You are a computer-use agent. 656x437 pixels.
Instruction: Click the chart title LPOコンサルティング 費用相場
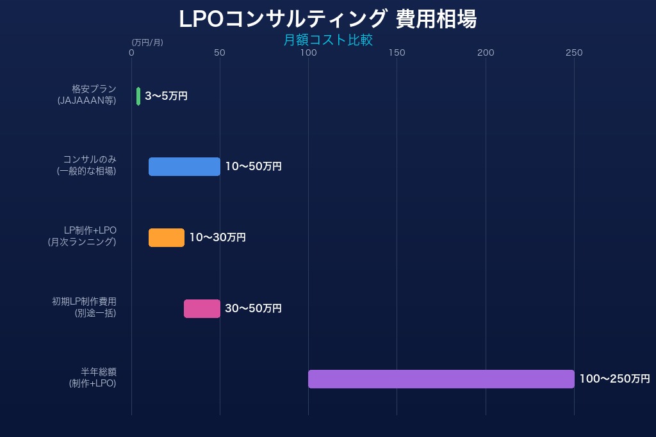(327, 19)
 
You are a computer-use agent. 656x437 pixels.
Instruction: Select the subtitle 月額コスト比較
(327, 40)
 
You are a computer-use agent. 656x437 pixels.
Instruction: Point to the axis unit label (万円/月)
(147, 42)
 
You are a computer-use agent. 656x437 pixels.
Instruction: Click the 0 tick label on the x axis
(131, 52)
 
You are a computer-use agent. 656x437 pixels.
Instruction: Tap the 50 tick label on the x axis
(220, 52)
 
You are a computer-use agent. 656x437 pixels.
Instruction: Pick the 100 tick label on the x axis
(308, 52)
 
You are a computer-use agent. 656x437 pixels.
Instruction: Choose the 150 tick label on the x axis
(397, 52)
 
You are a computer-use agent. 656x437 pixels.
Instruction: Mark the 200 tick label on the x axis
(486, 52)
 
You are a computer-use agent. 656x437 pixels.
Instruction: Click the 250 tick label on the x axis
(574, 52)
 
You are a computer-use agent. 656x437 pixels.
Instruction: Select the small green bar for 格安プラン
(138, 96)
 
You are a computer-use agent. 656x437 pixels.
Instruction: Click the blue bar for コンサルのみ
(184, 166)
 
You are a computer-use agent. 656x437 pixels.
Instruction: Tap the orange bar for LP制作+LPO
(167, 237)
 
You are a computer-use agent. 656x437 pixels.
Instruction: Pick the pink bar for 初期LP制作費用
(202, 308)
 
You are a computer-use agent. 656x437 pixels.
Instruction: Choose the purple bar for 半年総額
(441, 379)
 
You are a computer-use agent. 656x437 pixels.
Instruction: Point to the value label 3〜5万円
(166, 96)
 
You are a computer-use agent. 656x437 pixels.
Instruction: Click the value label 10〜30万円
(217, 237)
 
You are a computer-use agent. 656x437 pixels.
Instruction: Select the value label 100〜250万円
(614, 379)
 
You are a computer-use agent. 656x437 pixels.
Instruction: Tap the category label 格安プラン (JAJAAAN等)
(87, 95)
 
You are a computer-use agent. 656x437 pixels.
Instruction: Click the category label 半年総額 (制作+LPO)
(93, 377)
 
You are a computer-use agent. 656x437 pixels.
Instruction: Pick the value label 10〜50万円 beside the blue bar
(253, 166)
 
